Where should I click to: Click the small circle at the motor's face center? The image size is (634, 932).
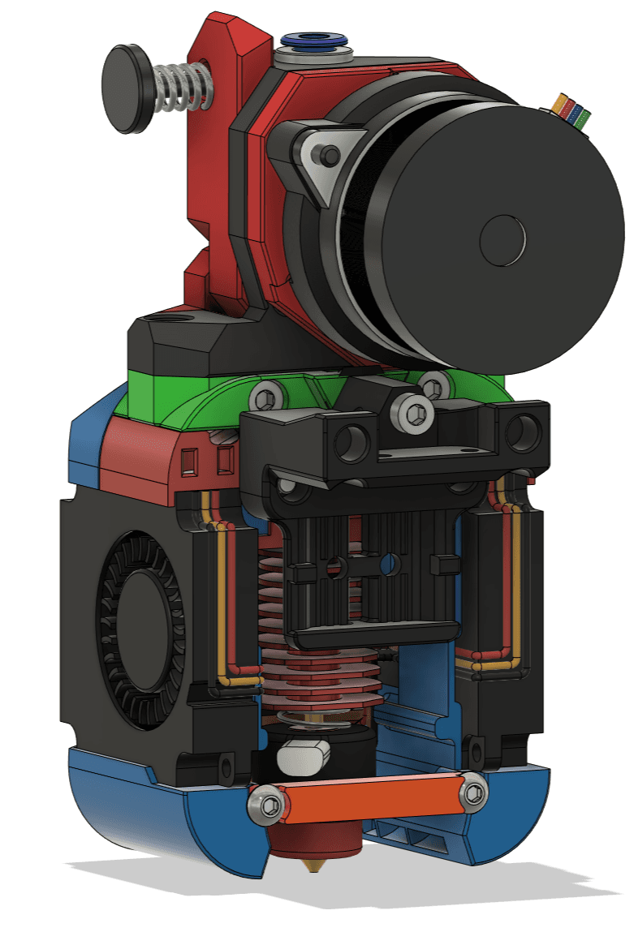[503, 240]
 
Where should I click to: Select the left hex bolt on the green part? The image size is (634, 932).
[267, 396]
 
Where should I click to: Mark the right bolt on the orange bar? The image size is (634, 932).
[472, 791]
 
